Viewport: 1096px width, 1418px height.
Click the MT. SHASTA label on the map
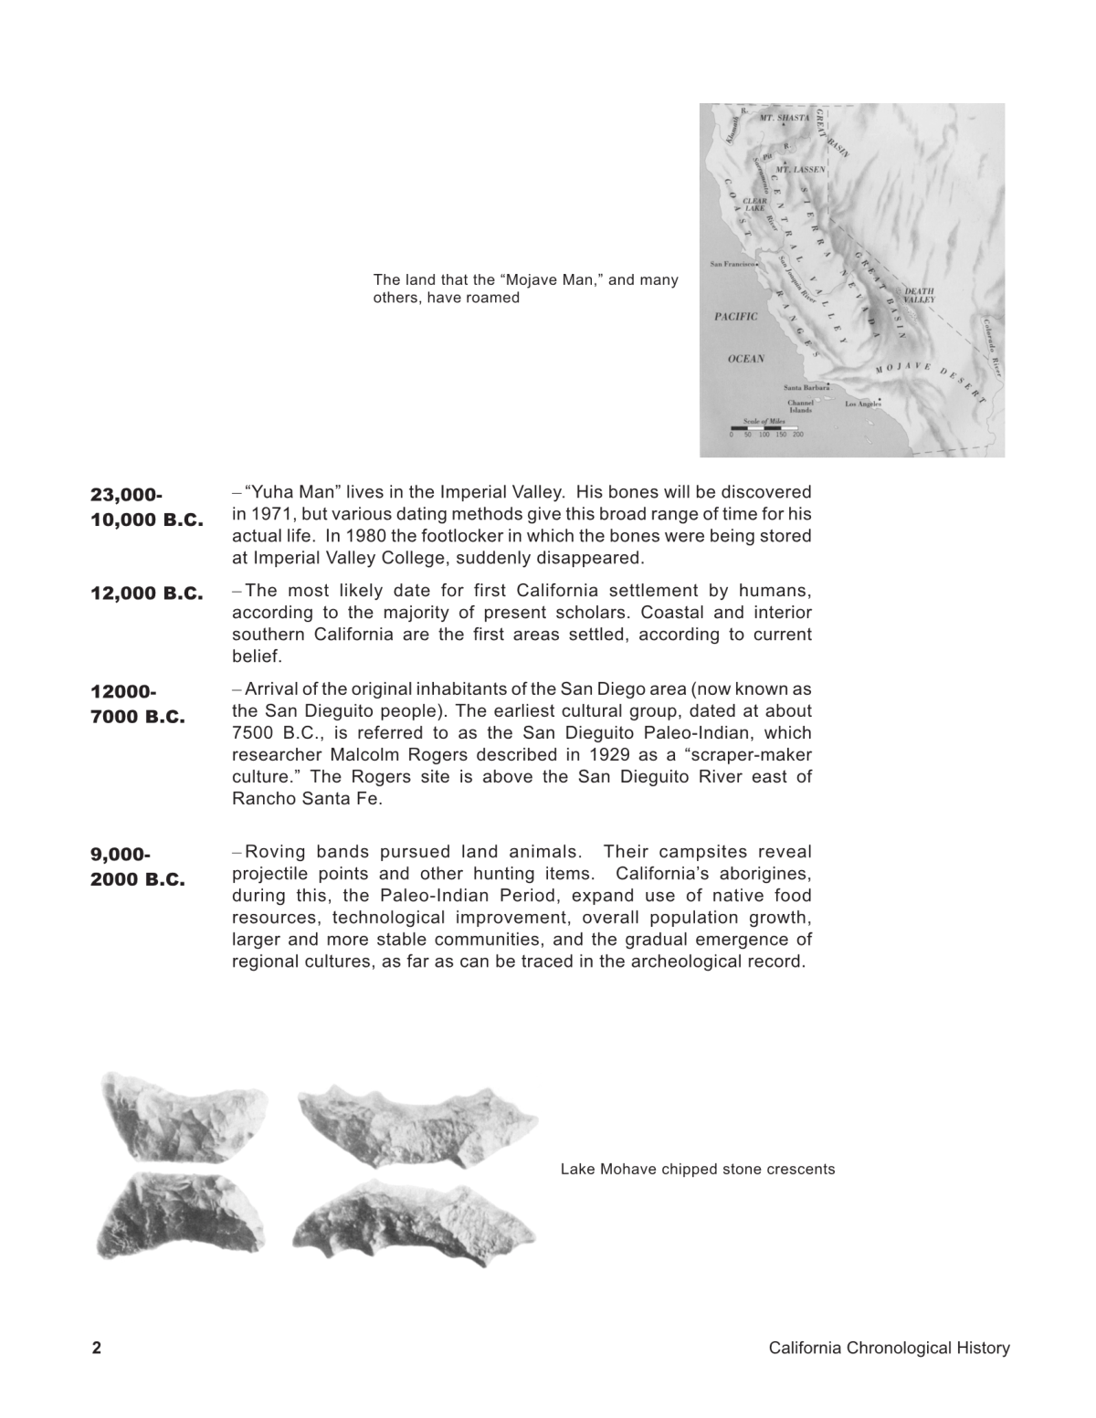(x=785, y=119)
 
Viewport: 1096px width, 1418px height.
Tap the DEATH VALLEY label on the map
(x=919, y=295)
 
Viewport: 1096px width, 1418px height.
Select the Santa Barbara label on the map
(x=806, y=388)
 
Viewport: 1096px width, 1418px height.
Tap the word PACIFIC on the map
(x=736, y=317)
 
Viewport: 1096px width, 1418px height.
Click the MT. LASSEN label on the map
(x=801, y=170)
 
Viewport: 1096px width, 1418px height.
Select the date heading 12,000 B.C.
(x=146, y=593)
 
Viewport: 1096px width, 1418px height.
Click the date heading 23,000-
(x=126, y=495)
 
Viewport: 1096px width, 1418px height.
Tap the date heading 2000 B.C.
(x=137, y=880)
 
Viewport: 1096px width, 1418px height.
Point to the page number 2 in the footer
(x=96, y=1349)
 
